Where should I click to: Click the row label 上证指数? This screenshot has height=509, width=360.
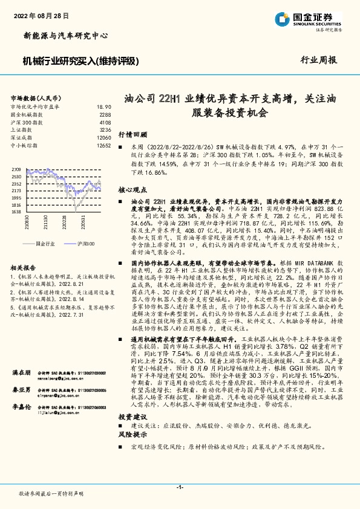tap(21, 130)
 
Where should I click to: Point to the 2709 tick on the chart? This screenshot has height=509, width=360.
tap(16, 170)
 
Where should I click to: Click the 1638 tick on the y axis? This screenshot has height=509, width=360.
tap(16, 212)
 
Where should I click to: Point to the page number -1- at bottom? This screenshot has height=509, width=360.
tap(180, 487)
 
